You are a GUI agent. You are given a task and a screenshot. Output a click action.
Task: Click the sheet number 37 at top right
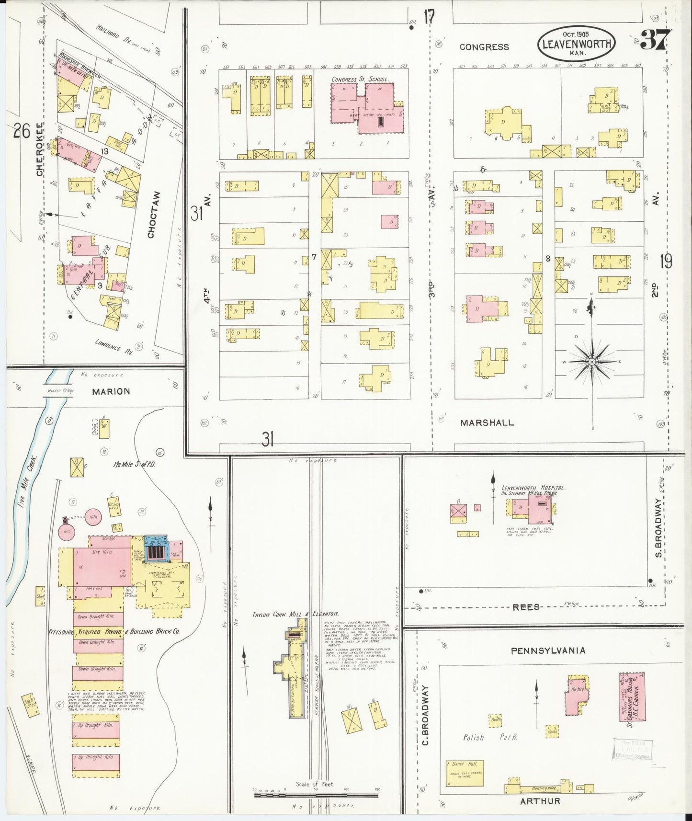click(x=657, y=39)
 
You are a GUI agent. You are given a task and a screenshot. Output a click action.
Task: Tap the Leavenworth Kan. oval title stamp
click(x=576, y=44)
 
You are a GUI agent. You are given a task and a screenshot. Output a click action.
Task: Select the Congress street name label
click(x=484, y=47)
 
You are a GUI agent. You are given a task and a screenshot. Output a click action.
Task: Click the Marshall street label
click(x=487, y=422)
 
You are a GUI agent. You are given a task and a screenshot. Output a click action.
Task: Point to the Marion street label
click(x=111, y=391)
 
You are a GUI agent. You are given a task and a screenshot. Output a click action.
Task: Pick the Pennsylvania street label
click(x=547, y=650)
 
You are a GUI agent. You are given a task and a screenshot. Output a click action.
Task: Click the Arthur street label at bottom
click(x=540, y=800)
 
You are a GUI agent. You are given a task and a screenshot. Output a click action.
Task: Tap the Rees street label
click(x=526, y=607)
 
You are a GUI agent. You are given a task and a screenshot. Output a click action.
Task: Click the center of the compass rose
click(x=592, y=361)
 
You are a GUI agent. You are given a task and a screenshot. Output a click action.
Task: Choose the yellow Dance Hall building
click(x=464, y=773)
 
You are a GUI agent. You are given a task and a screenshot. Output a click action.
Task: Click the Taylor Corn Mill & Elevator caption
click(x=296, y=614)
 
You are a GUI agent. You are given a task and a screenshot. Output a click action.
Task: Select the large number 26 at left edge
click(x=22, y=130)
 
